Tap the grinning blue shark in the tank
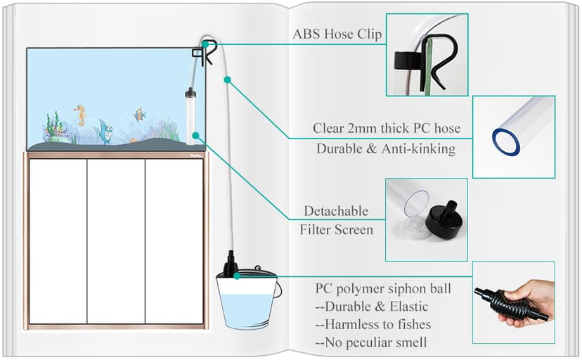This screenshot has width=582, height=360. click(x=104, y=131)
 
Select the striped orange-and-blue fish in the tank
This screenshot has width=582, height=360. click(x=139, y=114)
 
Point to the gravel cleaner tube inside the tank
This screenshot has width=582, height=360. click(x=189, y=116)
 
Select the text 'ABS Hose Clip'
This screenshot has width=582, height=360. click(x=337, y=34)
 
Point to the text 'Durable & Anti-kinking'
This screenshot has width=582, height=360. click(x=386, y=148)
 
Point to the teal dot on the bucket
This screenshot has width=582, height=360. click(x=238, y=276)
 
